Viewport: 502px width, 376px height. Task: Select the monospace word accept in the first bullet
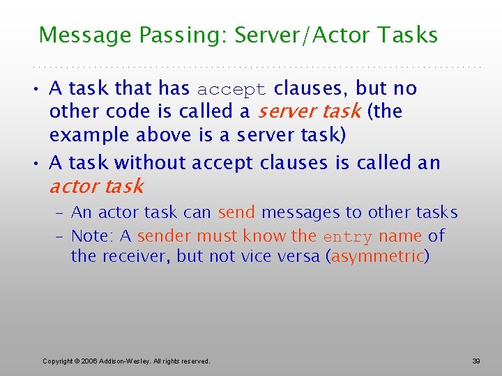[x=231, y=90]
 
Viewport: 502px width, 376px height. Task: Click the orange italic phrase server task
[x=309, y=111]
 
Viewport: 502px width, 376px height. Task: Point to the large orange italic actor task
[x=96, y=187]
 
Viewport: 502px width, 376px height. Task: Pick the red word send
[x=236, y=212]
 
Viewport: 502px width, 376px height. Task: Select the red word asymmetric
[x=378, y=256]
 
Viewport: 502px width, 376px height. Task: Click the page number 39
[x=476, y=361]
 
